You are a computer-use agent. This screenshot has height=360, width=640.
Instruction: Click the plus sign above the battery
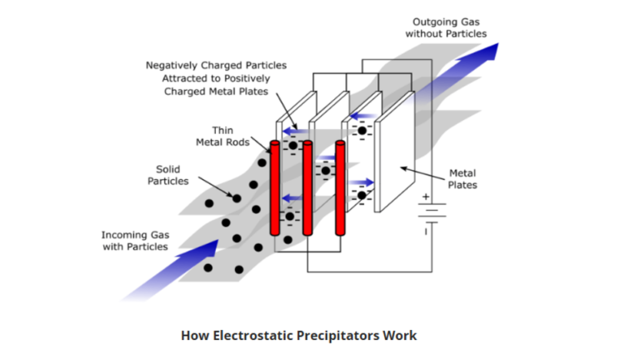click(427, 197)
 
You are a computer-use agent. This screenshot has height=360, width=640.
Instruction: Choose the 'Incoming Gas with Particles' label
click(135, 241)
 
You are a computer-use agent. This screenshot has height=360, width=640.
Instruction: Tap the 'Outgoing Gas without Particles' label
click(446, 27)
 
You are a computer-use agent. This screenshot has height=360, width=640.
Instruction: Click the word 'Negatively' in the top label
click(173, 65)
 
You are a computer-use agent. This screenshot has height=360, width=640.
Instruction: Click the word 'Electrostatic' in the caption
click(256, 336)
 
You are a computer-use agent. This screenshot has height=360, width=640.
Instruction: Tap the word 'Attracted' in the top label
click(186, 78)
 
